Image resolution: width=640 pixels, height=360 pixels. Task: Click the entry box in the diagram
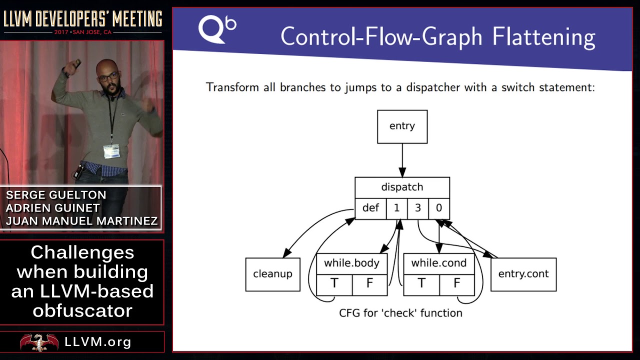pyautogui.click(x=402, y=126)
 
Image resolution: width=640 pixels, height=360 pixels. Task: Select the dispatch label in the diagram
pyautogui.click(x=402, y=187)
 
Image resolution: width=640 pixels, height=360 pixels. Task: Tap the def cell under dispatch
pyautogui.click(x=370, y=208)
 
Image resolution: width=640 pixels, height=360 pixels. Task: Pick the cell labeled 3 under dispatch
pyautogui.click(x=417, y=208)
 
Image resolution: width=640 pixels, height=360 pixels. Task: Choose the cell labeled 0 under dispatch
pyautogui.click(x=439, y=208)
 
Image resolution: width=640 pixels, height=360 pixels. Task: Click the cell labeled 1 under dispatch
pyautogui.click(x=396, y=208)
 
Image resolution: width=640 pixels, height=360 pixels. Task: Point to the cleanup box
pyautogui.click(x=272, y=274)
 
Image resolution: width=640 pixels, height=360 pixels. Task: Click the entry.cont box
pyautogui.click(x=523, y=274)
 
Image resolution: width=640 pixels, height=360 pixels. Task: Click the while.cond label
pyautogui.click(x=438, y=263)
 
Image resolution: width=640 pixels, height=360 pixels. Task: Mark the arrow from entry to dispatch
pyautogui.click(x=402, y=160)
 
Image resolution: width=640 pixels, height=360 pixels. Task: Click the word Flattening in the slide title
pyautogui.click(x=543, y=37)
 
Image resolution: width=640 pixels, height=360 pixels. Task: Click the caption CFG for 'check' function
pyautogui.click(x=400, y=313)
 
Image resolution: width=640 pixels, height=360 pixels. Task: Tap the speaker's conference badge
pyautogui.click(x=111, y=150)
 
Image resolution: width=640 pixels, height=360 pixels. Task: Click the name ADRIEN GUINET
pyautogui.click(x=53, y=208)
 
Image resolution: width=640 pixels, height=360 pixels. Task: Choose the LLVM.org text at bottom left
pyautogui.click(x=98, y=342)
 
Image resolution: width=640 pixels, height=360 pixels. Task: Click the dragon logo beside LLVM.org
pyautogui.click(x=39, y=342)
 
